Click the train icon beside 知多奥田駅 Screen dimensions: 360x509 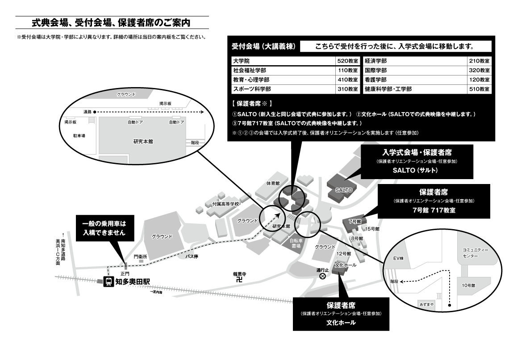pos(108,281)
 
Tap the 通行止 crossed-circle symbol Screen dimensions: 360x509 pos(322,276)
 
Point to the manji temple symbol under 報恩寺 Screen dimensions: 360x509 pos(239,280)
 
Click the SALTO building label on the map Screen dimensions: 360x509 pos(344,190)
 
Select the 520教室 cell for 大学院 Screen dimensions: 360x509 pos(347,61)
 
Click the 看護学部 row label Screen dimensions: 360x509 pos(375,80)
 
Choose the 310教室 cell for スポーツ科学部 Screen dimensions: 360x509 pos(347,89)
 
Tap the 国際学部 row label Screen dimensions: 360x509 pos(375,70)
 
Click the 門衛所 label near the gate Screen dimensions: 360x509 pos(140,257)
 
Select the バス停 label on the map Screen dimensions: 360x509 pos(192,256)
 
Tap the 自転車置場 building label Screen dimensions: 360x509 pos(295,243)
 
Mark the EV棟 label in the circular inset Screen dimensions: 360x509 pos(398,258)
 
